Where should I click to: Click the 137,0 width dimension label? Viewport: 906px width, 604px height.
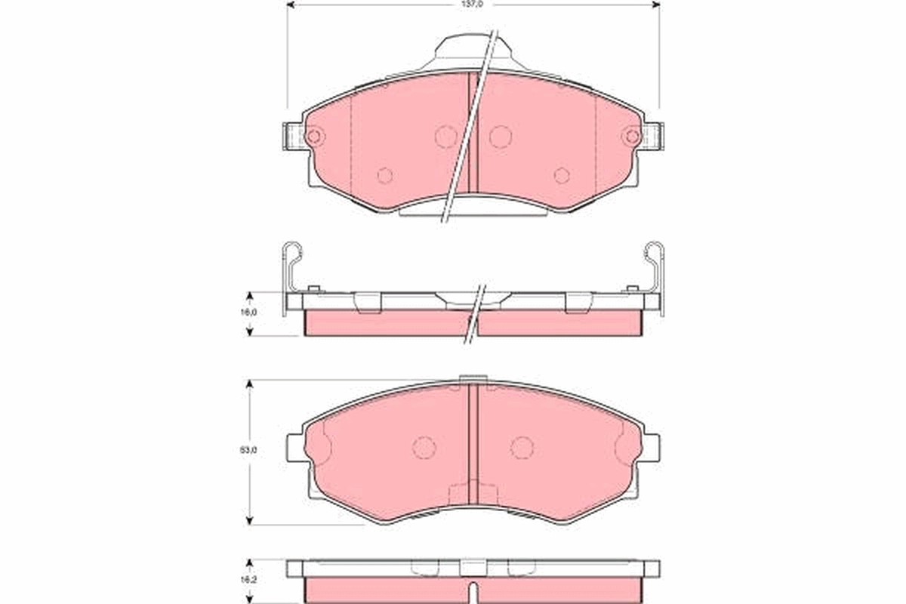click(473, 4)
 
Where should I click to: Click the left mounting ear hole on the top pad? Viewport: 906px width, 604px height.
click(315, 137)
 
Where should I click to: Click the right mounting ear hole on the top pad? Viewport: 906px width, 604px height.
click(632, 137)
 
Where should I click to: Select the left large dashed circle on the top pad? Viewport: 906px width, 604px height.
click(446, 137)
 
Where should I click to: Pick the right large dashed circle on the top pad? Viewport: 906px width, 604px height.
click(500, 137)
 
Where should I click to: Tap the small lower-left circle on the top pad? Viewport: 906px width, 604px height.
click(385, 175)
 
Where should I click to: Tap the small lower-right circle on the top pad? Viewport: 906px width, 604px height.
click(562, 175)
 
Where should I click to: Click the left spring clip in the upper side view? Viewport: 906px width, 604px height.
click(291, 268)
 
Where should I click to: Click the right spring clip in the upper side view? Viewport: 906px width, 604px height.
click(655, 268)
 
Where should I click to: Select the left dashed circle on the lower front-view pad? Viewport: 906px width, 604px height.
click(424, 447)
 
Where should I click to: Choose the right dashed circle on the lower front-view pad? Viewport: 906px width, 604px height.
click(522, 447)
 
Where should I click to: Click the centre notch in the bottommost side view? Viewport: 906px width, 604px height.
click(473, 589)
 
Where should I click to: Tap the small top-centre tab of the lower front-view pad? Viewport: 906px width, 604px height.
click(473, 380)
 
